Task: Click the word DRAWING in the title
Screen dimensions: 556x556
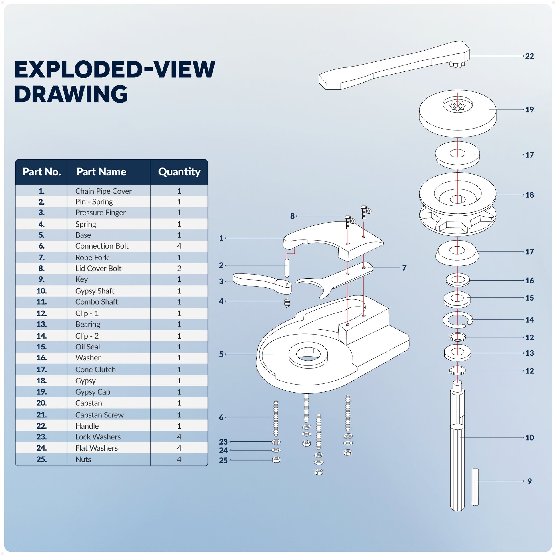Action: (71, 94)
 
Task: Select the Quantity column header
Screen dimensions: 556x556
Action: (179, 172)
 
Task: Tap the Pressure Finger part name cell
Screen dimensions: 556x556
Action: (101, 213)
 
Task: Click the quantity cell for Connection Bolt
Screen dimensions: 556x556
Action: (179, 246)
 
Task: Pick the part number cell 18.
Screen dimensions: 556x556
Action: (41, 381)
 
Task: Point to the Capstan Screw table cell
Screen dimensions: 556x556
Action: (99, 415)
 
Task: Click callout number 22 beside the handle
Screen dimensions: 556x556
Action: (529, 56)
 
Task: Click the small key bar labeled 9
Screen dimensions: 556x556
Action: (475, 487)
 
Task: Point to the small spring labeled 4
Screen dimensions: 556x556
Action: (287, 303)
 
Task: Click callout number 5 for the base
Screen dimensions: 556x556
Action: (221, 354)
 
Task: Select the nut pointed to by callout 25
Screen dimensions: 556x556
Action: (276, 460)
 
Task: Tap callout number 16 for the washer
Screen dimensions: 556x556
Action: (529, 281)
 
